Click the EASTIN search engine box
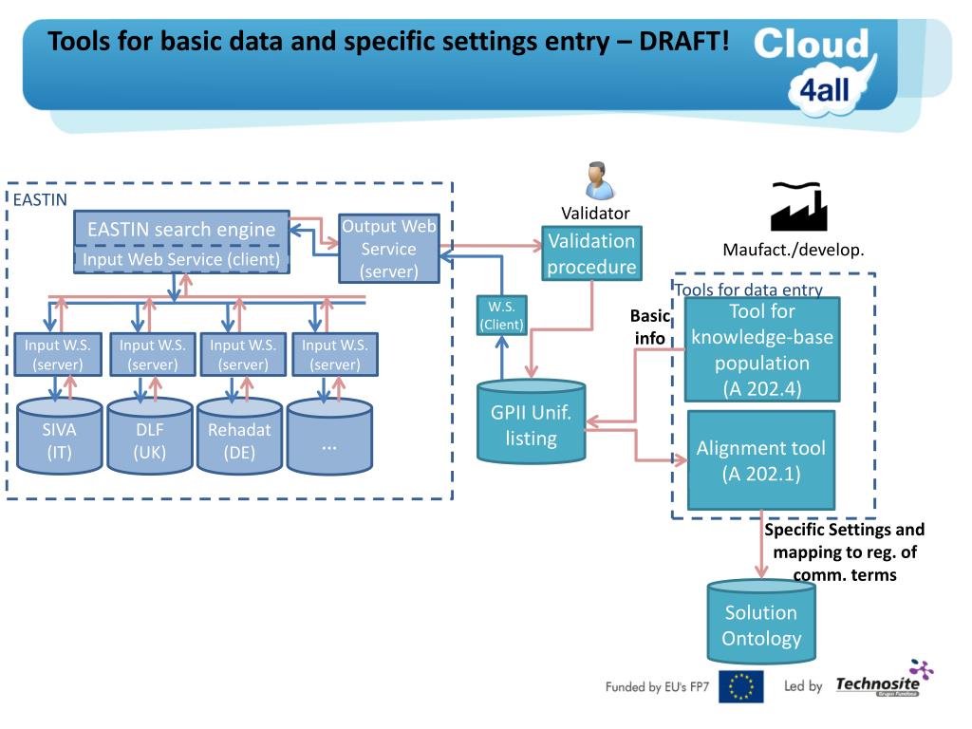click(x=181, y=229)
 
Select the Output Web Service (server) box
click(x=388, y=249)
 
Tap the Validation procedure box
click(x=591, y=253)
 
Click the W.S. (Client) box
click(x=502, y=316)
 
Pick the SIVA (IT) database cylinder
click(x=59, y=439)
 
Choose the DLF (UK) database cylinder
click(x=150, y=439)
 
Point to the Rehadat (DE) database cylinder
click(x=239, y=439)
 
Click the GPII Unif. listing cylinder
click(x=531, y=426)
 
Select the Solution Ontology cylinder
click(x=761, y=626)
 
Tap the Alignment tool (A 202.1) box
click(x=761, y=459)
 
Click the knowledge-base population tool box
click(x=762, y=349)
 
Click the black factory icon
click(x=798, y=206)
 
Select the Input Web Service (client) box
click(x=181, y=258)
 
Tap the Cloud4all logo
click(x=816, y=66)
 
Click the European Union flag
click(x=740, y=686)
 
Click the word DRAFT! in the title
click(x=684, y=42)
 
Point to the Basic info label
click(x=650, y=327)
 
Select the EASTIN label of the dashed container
click(x=40, y=199)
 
